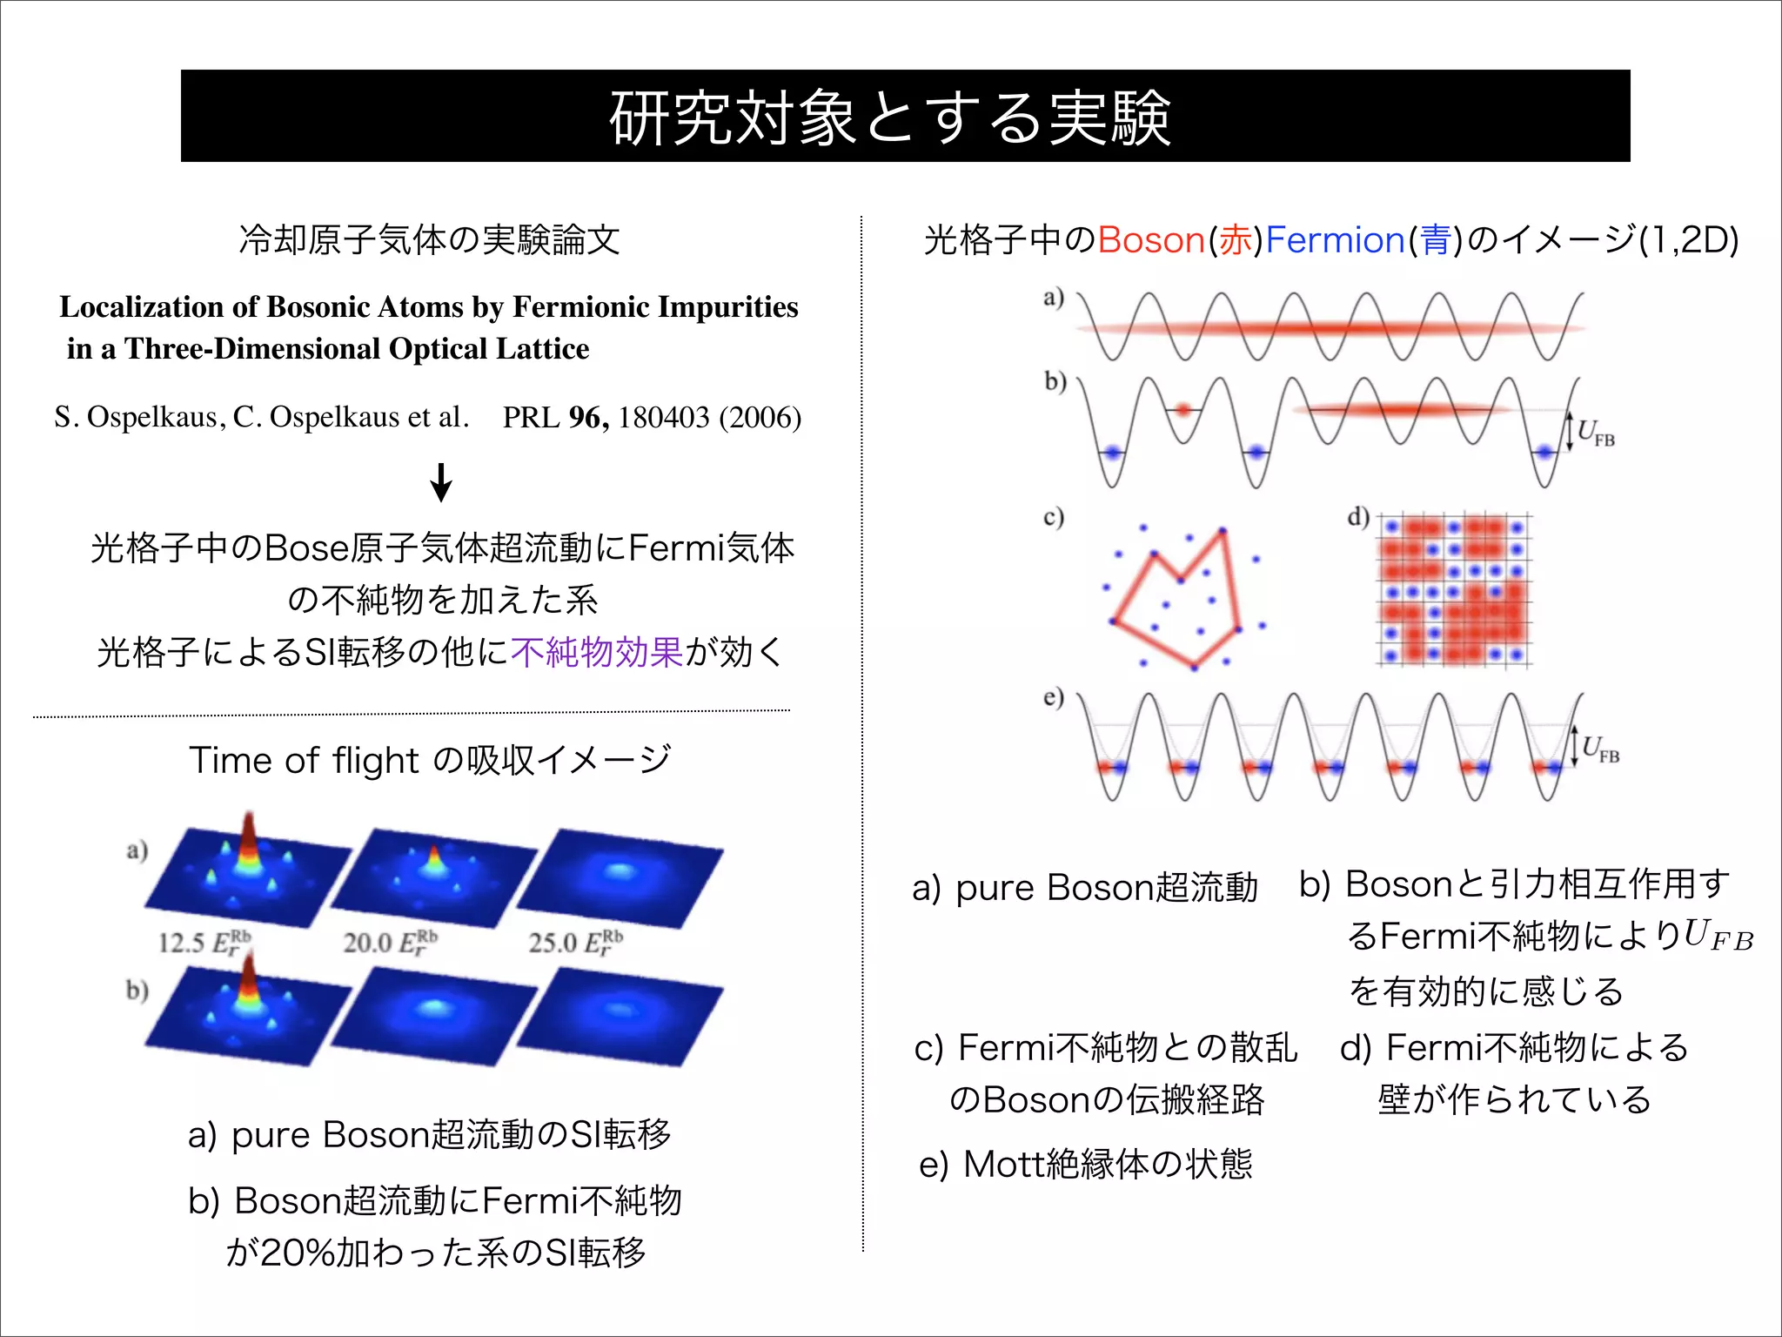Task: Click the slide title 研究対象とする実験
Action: (x=889, y=118)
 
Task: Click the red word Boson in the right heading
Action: (x=1150, y=240)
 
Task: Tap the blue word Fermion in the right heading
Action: (x=1335, y=240)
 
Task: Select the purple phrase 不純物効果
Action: (x=597, y=652)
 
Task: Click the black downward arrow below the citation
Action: (x=441, y=482)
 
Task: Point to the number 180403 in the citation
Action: (x=664, y=418)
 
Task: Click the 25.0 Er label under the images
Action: (x=575, y=942)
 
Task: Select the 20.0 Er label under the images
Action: (x=389, y=942)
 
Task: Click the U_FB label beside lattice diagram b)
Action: (x=1596, y=433)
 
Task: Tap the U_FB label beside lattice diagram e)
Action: (x=1600, y=749)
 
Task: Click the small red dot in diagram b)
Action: (x=1182, y=409)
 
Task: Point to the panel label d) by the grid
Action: (x=1358, y=517)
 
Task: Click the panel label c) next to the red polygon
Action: (x=1054, y=517)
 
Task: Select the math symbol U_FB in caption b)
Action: (x=1718, y=936)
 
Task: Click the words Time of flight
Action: (x=305, y=761)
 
